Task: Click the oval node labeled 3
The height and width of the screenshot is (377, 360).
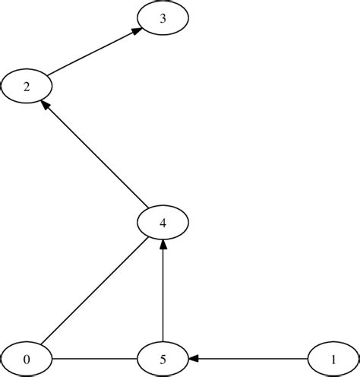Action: click(163, 19)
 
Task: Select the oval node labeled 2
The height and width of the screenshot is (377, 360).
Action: click(27, 86)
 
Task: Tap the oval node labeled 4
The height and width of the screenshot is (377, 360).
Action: click(163, 223)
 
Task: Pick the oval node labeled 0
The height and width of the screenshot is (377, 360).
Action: click(27, 358)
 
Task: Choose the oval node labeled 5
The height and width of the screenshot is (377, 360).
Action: click(163, 358)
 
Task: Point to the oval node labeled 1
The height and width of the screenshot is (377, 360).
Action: click(333, 358)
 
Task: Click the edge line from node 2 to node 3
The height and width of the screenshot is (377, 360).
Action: click(91, 54)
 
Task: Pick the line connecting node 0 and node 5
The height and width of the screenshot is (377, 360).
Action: click(95, 358)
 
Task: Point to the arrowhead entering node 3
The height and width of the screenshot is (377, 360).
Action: click(136, 32)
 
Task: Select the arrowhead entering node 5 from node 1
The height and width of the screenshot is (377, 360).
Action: click(193, 358)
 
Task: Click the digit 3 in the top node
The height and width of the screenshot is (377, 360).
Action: click(163, 20)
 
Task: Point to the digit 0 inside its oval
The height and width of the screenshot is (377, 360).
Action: click(27, 359)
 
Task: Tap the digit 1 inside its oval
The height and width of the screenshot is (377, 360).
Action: click(333, 359)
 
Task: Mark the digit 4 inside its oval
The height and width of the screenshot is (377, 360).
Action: click(163, 223)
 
